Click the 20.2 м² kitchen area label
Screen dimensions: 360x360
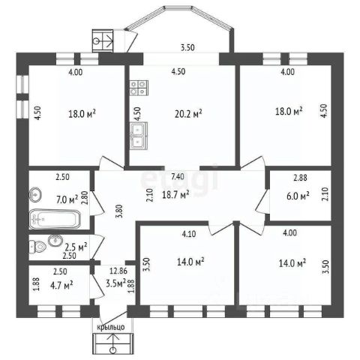[188, 114]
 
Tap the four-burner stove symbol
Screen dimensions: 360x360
[139, 88]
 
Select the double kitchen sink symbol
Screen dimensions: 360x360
[139, 136]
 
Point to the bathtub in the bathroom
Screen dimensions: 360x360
[55, 219]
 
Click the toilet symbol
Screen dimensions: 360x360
[38, 247]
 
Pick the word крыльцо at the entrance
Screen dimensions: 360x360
[111, 327]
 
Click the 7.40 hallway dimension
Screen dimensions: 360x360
[178, 176]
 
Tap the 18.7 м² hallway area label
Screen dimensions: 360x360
[175, 194]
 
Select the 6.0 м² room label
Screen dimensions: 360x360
[298, 196]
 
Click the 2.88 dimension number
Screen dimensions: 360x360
[300, 178]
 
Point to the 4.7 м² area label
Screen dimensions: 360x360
[61, 285]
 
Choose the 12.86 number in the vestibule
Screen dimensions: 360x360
[118, 271]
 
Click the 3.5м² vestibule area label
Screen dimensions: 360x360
[115, 283]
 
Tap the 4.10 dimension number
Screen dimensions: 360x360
[189, 234]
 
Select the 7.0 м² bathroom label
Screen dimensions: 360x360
[67, 199]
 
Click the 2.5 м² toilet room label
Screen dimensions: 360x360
[76, 247]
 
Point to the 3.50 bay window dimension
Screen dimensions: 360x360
[187, 47]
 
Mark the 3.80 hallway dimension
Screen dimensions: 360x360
[120, 211]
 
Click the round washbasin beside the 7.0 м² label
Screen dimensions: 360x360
[35, 194]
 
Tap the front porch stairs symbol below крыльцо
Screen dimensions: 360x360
[113, 343]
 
